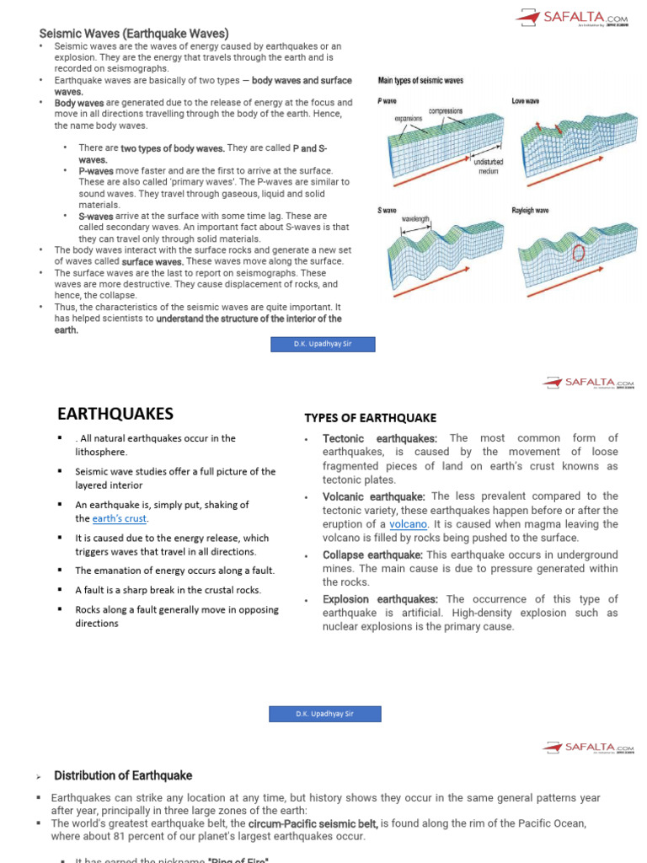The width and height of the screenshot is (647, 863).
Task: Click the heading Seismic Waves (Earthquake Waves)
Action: (x=134, y=33)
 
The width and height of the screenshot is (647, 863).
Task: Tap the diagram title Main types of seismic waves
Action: (x=420, y=81)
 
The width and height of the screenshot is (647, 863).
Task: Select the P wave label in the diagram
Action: (x=387, y=101)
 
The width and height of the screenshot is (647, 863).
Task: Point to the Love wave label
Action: (x=526, y=101)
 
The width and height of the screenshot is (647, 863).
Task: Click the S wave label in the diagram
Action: (x=387, y=210)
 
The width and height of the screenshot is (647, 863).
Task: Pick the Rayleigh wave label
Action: (x=531, y=210)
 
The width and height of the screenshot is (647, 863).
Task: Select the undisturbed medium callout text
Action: (x=489, y=165)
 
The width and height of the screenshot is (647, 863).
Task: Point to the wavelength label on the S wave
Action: (x=415, y=219)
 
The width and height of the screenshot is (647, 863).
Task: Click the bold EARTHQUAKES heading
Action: (x=115, y=414)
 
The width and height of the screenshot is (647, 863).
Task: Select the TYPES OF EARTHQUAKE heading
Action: (x=370, y=418)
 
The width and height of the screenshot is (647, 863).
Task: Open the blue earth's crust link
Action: (x=120, y=518)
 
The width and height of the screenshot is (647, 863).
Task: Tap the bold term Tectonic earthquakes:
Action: (x=380, y=438)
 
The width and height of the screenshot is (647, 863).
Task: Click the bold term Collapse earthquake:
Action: (x=372, y=555)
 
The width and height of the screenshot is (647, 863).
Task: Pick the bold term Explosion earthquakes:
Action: (x=380, y=599)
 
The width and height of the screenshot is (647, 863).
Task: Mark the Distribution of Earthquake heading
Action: (x=123, y=775)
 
